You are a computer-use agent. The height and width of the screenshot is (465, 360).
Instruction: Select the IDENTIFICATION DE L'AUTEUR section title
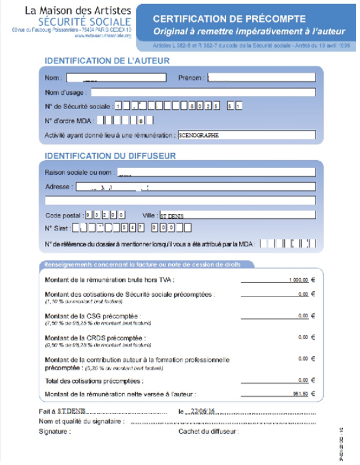[x=107, y=60]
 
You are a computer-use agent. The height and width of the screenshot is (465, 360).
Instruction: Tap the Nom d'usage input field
[x=202, y=93]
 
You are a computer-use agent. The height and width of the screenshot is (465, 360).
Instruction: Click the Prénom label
[x=192, y=78]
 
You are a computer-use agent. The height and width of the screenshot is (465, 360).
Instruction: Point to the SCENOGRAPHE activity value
[x=199, y=135]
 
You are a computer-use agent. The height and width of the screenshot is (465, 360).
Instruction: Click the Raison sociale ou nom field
[x=214, y=173]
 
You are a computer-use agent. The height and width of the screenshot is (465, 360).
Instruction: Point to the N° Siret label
[x=58, y=228]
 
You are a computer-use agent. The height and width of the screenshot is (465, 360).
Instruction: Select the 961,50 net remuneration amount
[x=302, y=393]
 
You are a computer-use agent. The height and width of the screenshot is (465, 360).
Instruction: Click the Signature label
[x=54, y=431]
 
